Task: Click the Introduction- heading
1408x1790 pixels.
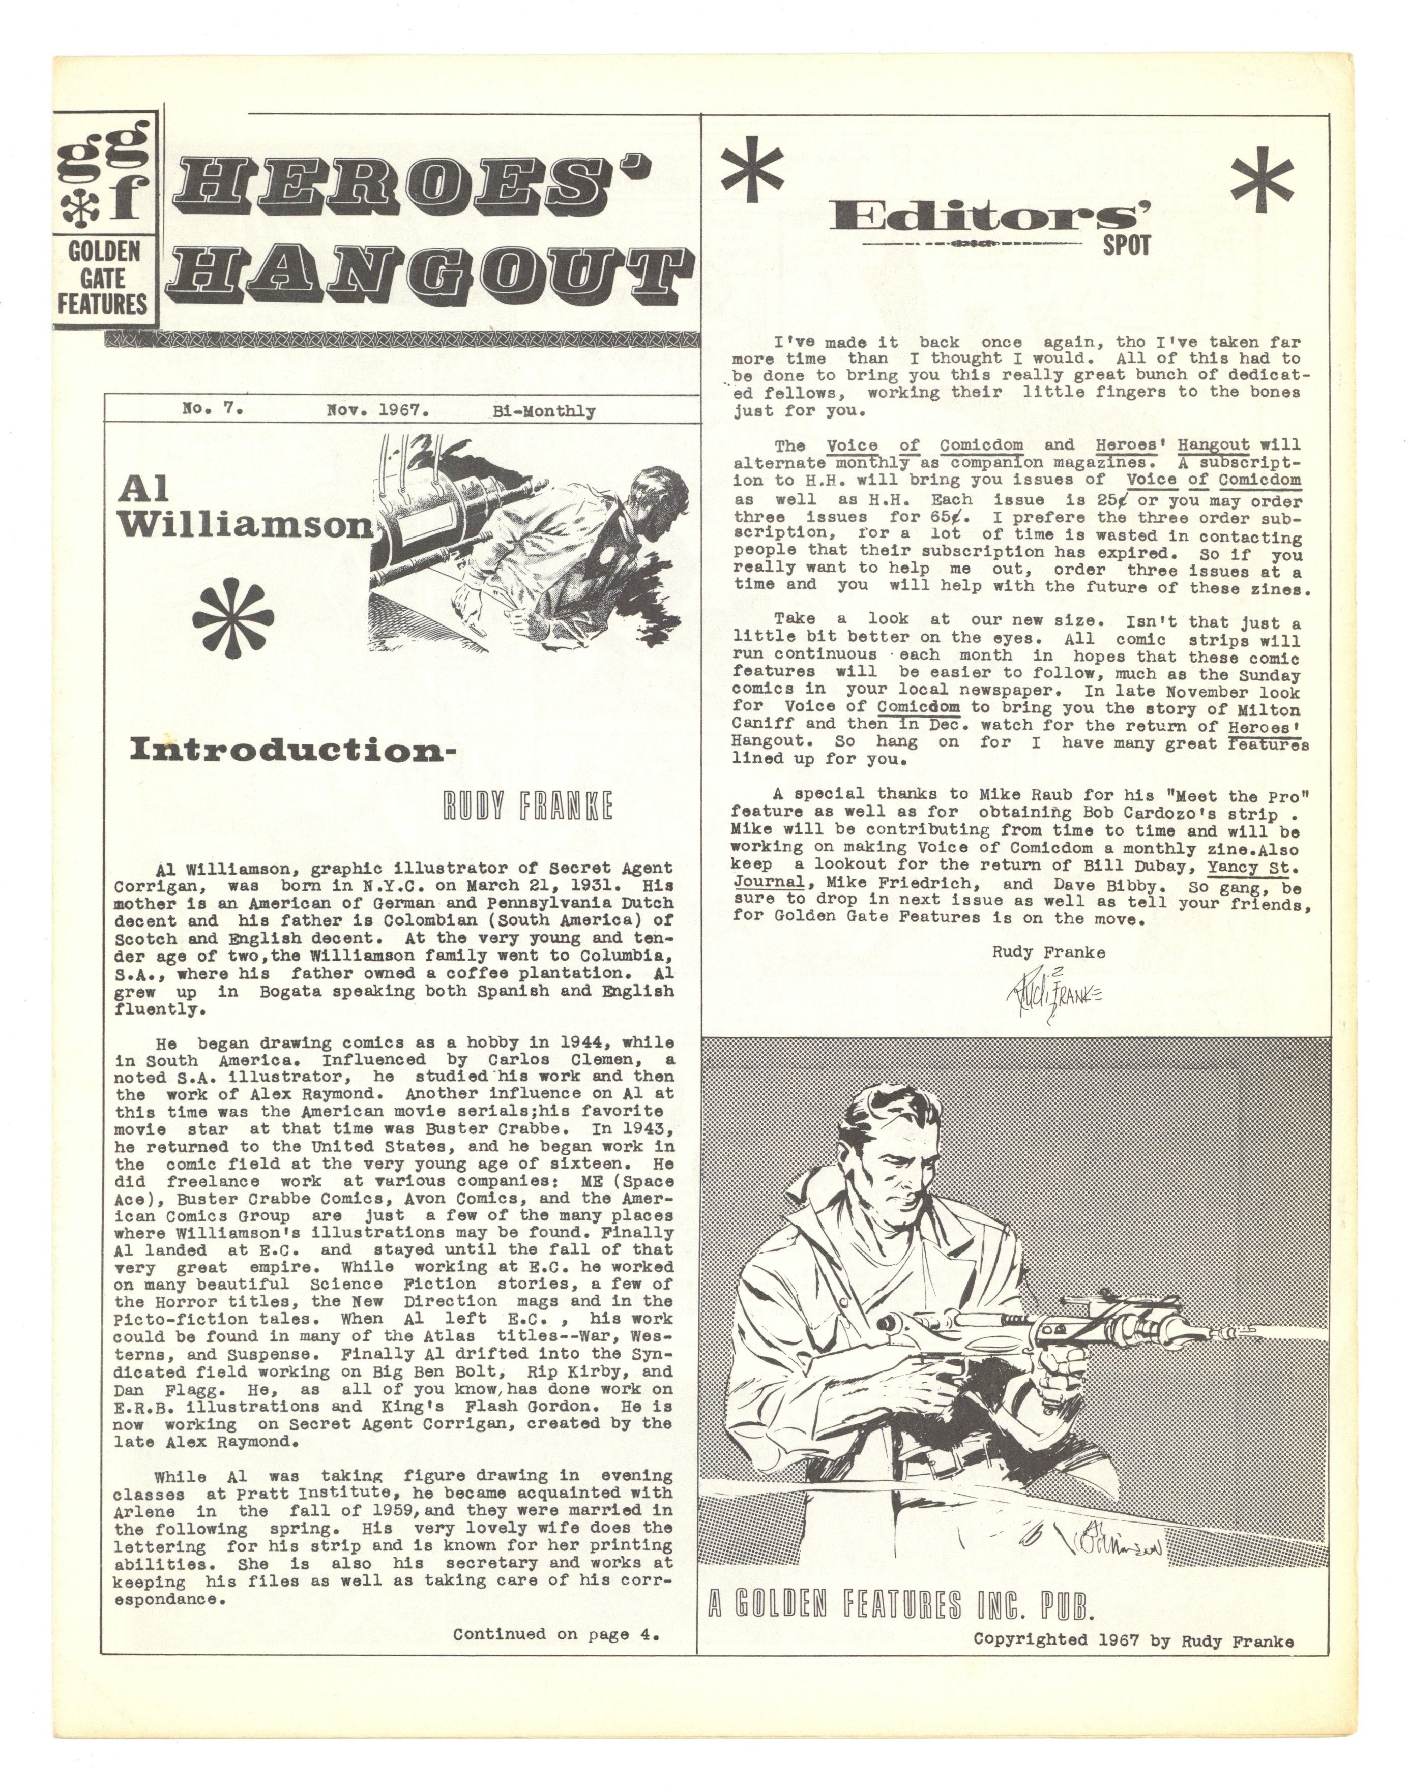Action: (292, 750)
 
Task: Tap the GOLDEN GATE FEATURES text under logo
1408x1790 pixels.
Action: (102, 278)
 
